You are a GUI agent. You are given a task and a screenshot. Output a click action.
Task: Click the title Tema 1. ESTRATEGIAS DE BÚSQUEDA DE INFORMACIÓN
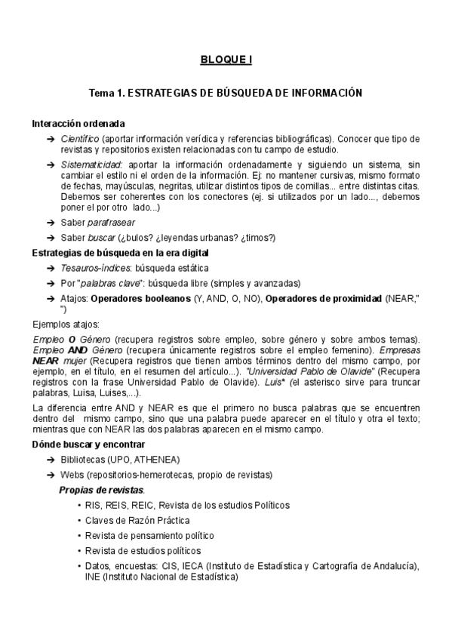226,93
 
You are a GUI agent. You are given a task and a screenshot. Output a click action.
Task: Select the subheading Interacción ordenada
78,123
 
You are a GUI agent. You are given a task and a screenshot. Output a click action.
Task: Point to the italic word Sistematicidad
91,164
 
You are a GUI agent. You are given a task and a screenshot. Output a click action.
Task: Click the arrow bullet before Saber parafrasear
50,222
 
